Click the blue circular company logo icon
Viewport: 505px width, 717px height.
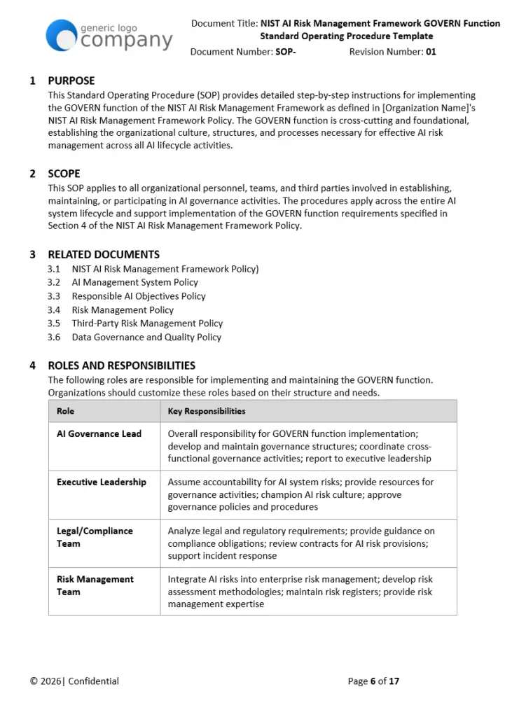pyautogui.click(x=61, y=35)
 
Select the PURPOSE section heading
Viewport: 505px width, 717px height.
pyautogui.click(x=71, y=81)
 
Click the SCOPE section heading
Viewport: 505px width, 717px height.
pyautogui.click(x=64, y=174)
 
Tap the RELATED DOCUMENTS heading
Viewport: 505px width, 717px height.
pyautogui.click(x=103, y=255)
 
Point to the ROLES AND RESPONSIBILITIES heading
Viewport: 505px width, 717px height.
pyautogui.click(x=121, y=366)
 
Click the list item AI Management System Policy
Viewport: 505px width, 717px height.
pyautogui.click(x=134, y=282)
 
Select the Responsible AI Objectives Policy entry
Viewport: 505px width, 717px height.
pyautogui.click(x=139, y=296)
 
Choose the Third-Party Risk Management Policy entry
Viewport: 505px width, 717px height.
pyautogui.click(x=147, y=323)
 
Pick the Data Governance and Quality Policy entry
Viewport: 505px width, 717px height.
pyautogui.click(x=146, y=337)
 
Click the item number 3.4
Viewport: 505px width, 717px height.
pyautogui.click(x=54, y=310)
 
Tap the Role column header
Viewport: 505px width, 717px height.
pyautogui.click(x=65, y=411)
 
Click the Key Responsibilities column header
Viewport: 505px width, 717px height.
pyautogui.click(x=207, y=411)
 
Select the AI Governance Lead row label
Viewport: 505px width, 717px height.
pyautogui.click(x=99, y=434)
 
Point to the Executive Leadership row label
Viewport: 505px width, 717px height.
pyautogui.click(x=102, y=482)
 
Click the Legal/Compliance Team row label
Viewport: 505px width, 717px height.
pyautogui.click(x=95, y=537)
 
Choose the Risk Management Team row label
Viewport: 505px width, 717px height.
pyautogui.click(x=95, y=585)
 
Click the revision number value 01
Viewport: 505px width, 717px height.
pyautogui.click(x=431, y=52)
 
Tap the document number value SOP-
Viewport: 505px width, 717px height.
pyautogui.click(x=286, y=52)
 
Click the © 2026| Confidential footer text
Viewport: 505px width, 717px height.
pyautogui.click(x=74, y=681)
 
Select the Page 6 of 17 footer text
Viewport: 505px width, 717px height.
pyautogui.click(x=373, y=681)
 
